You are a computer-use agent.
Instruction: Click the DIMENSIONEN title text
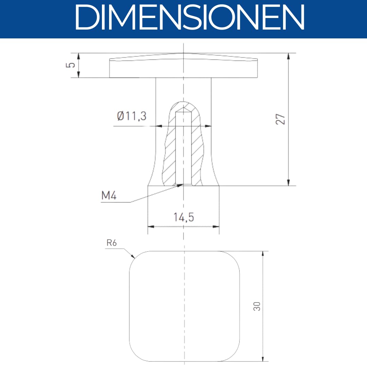coord(190,17)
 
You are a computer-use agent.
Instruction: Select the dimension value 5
coord(70,65)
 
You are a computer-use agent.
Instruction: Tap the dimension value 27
coord(280,119)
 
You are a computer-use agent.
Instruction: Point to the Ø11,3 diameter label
coord(132,116)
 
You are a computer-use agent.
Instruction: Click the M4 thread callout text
coord(109,195)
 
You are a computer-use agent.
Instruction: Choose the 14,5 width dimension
coord(184,217)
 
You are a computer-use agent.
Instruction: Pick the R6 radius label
coord(111,243)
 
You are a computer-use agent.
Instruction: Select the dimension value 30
coord(257,306)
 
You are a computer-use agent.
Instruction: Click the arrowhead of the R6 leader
coord(133,256)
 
